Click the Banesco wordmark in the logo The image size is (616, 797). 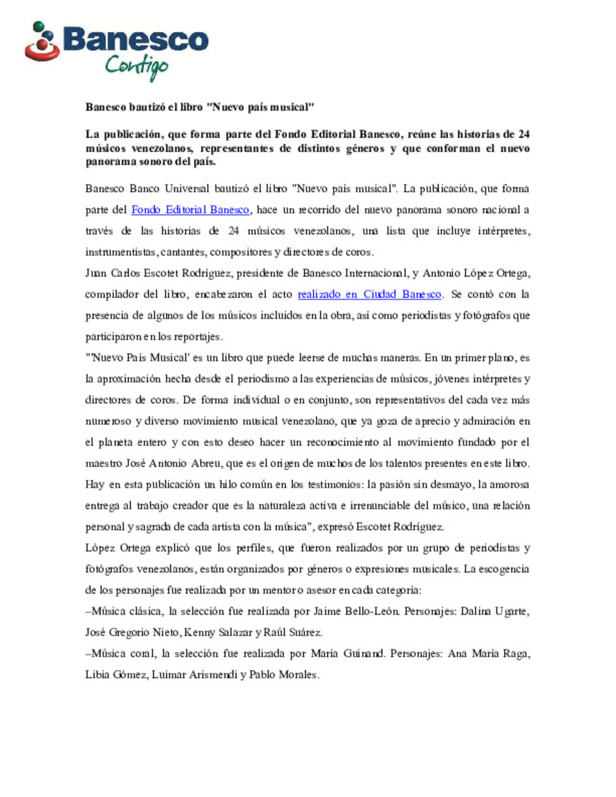[x=136, y=39]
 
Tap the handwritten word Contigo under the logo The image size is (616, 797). [x=136, y=66]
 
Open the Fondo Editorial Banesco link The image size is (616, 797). [x=190, y=210]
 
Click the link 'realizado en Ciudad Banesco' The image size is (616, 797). [x=369, y=294]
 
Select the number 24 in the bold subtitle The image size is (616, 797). [x=524, y=135]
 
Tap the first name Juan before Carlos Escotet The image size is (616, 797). [x=96, y=273]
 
